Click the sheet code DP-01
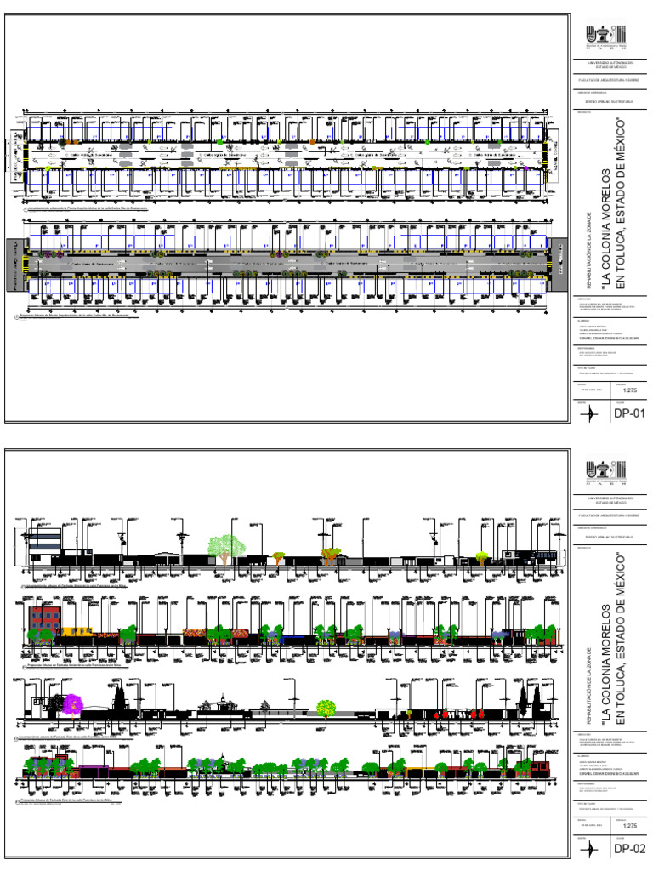[631, 414]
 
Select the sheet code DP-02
[631, 849]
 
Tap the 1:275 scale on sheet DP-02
[630, 825]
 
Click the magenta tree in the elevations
[74, 703]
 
